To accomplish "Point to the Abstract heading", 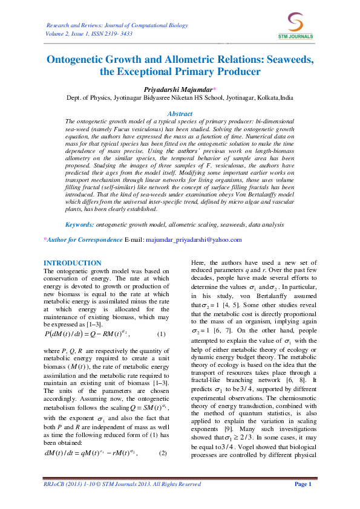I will [x=180, y=114].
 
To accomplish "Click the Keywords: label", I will [x=79, y=224].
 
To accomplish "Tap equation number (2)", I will [x=164, y=419].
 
